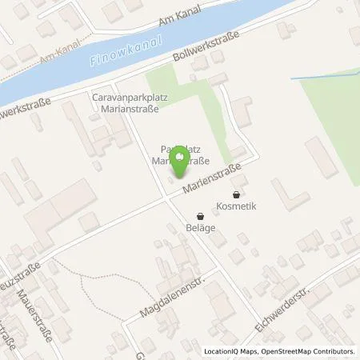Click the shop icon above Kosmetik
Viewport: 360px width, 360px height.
click(235, 194)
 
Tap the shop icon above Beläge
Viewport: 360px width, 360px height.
click(200, 215)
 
